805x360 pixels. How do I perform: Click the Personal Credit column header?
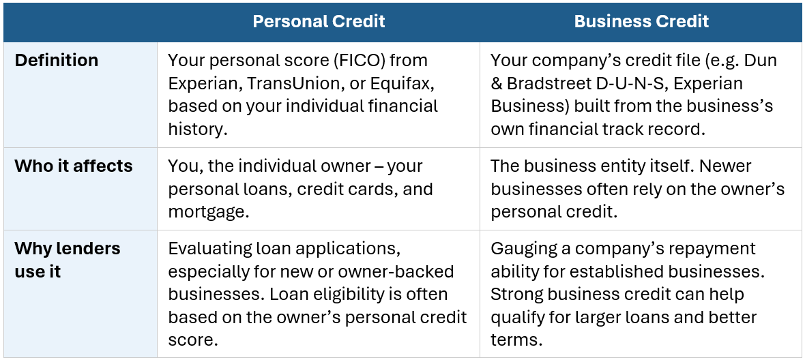(x=319, y=22)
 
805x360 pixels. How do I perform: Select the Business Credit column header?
(x=641, y=22)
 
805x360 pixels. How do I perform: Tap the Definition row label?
(x=57, y=61)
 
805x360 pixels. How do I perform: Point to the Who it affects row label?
(x=74, y=166)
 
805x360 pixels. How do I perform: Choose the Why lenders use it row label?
(x=68, y=260)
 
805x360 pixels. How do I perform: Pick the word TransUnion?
(x=289, y=83)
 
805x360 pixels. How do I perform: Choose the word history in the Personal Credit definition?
(x=196, y=130)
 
